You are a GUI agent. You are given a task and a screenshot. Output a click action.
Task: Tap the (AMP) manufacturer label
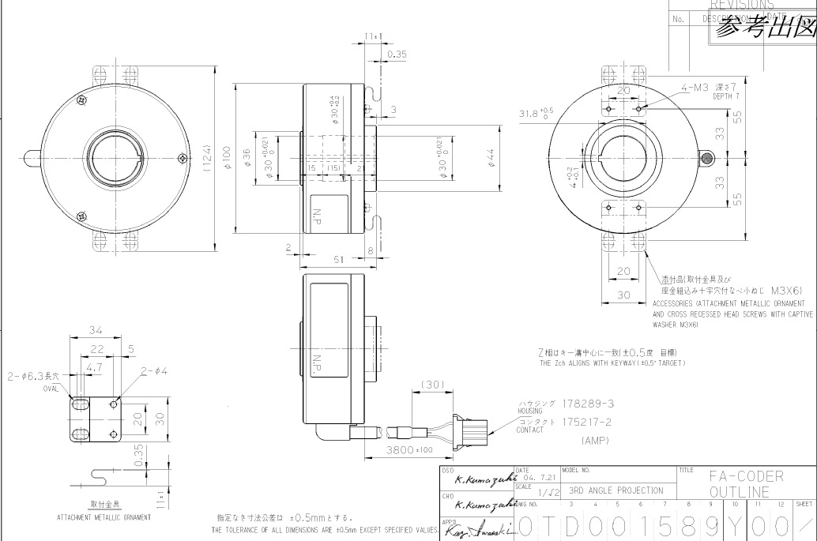point(595,440)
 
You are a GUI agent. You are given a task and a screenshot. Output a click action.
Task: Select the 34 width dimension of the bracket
point(96,330)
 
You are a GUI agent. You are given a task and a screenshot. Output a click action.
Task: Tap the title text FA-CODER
point(746,475)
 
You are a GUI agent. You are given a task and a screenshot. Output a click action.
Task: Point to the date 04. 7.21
point(540,478)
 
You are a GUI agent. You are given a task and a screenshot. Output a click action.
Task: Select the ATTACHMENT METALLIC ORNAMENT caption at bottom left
point(104,517)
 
